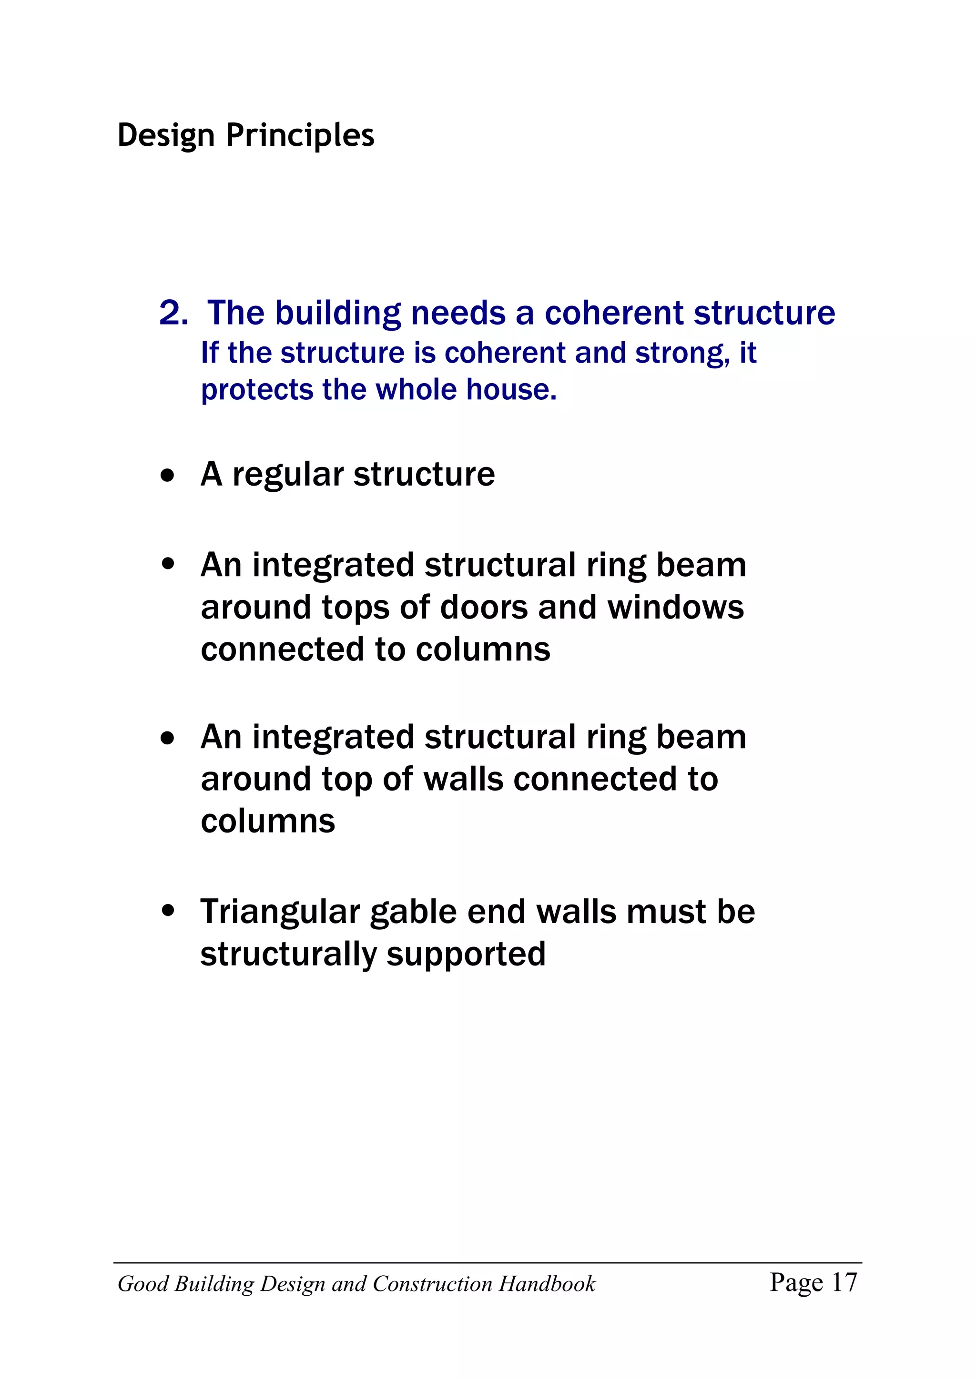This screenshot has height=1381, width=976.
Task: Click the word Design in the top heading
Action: point(165,135)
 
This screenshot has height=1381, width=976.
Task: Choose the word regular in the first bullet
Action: point(288,475)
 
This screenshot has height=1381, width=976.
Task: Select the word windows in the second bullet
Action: point(675,608)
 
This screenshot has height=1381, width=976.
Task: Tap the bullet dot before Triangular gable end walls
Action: point(168,911)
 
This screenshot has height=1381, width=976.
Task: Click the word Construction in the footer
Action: point(433,1284)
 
